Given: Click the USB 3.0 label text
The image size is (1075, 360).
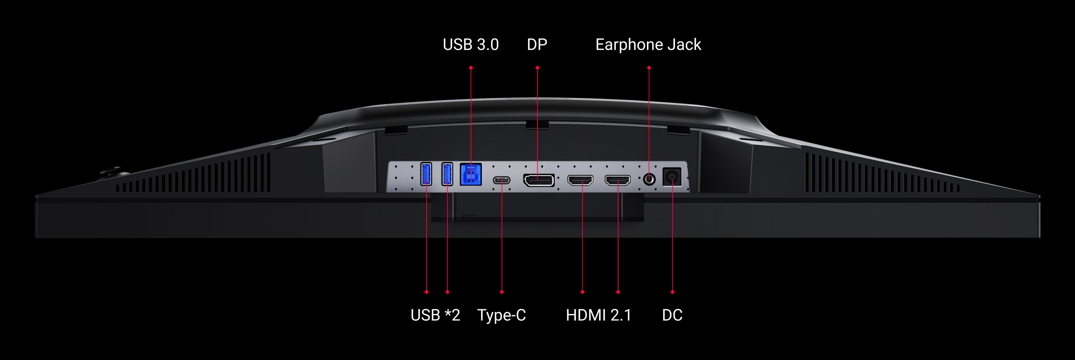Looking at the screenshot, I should [x=470, y=45].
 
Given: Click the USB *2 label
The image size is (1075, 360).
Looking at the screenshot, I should [x=435, y=315].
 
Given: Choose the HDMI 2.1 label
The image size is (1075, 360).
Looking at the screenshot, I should [x=599, y=315].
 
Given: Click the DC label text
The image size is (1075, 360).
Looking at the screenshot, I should [x=672, y=315].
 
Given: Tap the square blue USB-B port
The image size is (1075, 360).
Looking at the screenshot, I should [x=471, y=174].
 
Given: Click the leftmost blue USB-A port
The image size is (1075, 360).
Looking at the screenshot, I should [x=426, y=174].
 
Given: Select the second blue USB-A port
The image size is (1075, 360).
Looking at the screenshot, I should [x=447, y=174].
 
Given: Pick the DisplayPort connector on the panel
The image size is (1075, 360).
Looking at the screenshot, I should [x=539, y=180].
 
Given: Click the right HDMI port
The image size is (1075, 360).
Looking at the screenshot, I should [x=618, y=180].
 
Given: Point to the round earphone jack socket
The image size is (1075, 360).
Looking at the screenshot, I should [x=649, y=179].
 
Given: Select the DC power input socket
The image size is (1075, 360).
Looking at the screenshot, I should [x=672, y=177].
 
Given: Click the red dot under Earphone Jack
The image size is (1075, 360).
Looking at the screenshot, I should [x=649, y=68].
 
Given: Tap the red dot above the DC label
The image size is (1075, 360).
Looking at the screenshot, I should [x=672, y=292].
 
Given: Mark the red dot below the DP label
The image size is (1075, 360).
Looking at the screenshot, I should [x=537, y=68].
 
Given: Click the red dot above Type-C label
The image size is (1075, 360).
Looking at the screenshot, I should [x=502, y=292].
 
